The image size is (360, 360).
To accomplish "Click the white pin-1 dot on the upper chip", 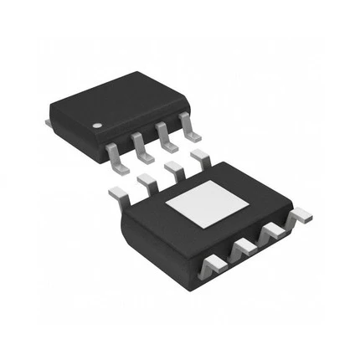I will coord(97,125).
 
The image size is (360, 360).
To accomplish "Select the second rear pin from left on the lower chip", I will coord(147,181).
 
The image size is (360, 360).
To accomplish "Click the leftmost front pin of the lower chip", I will coord(213,266).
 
